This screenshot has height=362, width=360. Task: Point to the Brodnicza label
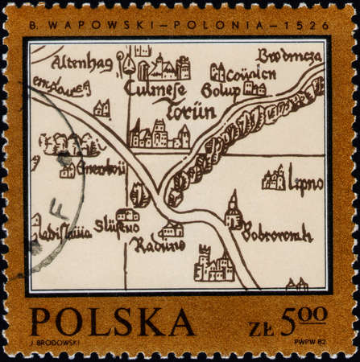[x=289, y=56]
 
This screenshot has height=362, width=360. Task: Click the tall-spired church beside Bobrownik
[x=234, y=212]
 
